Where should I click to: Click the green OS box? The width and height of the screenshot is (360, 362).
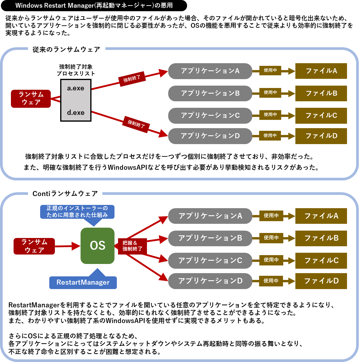coord(97,246)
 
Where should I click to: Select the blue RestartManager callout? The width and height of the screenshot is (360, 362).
coord(83,282)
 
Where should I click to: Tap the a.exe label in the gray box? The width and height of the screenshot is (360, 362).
coord(76,88)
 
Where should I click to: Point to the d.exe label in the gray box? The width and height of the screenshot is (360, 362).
coord(76,112)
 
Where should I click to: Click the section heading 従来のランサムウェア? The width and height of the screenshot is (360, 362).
coord(66,50)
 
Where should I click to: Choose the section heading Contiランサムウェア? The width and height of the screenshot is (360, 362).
coord(65,194)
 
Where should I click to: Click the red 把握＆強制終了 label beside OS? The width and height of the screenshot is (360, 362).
coord(132,246)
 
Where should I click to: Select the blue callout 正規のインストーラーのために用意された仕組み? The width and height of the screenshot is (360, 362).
coord(77,211)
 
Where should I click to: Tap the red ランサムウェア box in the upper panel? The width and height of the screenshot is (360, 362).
coord(31,99)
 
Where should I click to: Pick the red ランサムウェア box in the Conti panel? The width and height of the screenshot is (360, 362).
coord(34,246)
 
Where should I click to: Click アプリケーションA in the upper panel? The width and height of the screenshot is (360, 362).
coord(210,71)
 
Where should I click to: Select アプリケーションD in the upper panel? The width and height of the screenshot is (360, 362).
coord(210,136)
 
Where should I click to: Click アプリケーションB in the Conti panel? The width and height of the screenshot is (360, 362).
coord(210,238)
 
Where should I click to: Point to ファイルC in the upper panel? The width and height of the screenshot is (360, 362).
coord(321,115)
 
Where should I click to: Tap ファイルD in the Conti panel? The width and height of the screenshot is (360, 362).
coord(321,281)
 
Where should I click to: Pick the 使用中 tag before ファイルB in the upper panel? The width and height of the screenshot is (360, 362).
coord(270,92)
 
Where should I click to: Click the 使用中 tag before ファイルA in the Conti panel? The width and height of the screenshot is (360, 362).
coord(271,216)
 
